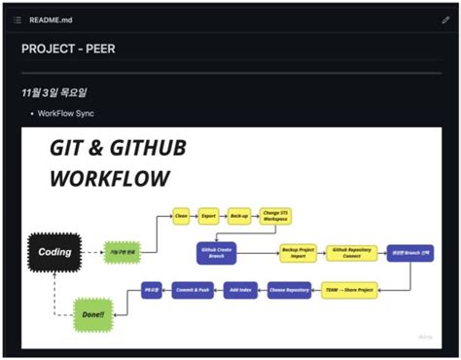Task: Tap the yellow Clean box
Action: (181, 216)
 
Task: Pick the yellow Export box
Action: (209, 216)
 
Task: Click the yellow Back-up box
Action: (238, 216)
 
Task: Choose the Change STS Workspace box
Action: (276, 216)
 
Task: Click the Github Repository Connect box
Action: (351, 252)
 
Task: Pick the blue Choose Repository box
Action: (290, 290)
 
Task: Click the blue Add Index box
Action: (239, 290)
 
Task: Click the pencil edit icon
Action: (445, 19)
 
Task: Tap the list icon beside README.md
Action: (17, 19)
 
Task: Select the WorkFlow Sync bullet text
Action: (65, 114)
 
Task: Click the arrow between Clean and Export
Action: (195, 216)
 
